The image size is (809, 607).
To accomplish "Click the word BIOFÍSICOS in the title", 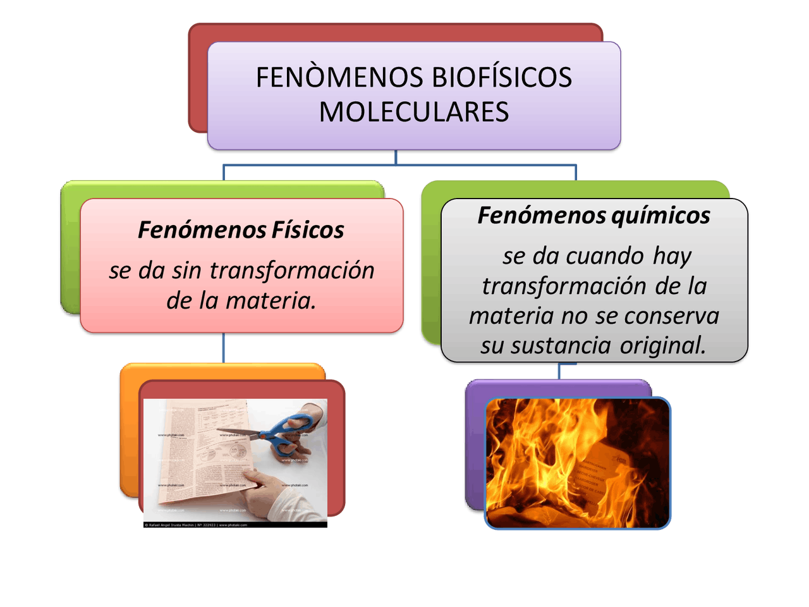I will click(502, 78).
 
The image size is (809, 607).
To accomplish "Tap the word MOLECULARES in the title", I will click(414, 113).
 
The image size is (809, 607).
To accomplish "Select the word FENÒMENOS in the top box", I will click(339, 78).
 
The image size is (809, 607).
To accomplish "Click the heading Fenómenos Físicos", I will click(241, 230).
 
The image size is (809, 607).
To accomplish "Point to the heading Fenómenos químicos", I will click(593, 216).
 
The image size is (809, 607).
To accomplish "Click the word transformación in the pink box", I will click(292, 271).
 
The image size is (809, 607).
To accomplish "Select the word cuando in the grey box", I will click(605, 256).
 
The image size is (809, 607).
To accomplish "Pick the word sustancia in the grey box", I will click(560, 346).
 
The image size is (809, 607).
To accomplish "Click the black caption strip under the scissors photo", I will click(235, 525).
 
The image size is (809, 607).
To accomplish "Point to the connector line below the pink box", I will click(224, 347).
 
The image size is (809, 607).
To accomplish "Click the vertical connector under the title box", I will click(396, 157).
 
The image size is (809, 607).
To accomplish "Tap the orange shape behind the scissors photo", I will click(129, 430).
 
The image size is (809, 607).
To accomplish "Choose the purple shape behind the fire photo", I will click(475, 443).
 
